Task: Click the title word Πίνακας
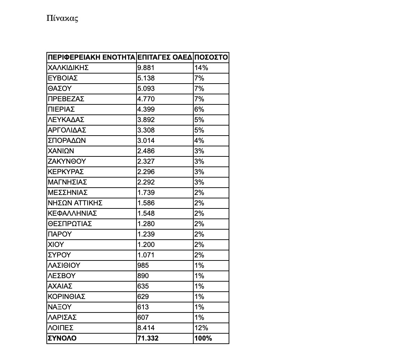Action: coord(62,18)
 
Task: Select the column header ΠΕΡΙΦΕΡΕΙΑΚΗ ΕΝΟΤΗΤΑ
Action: coord(91,57)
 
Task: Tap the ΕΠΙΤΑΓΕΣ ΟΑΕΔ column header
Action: coord(165,57)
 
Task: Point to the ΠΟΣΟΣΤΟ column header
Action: coord(211,57)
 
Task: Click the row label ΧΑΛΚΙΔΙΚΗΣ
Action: coord(68,68)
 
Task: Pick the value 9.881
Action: coord(146,68)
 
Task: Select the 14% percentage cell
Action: coord(201,68)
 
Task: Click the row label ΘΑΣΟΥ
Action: coord(60,88)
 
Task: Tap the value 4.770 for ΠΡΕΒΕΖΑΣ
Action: coord(146,99)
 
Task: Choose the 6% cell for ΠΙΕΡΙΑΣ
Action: coord(199,109)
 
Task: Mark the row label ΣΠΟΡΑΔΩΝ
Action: coord(67,140)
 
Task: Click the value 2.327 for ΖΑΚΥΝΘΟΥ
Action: coord(146,161)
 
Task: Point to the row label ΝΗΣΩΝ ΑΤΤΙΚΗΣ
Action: coord(75,203)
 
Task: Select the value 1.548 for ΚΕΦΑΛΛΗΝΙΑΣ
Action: coord(146,213)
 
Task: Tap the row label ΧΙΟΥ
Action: coord(56,245)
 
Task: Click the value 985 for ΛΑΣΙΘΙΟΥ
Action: coord(143,265)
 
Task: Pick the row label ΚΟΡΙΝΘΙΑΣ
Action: coord(67,297)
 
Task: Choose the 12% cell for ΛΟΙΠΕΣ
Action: coord(201,328)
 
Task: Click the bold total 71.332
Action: coord(148,338)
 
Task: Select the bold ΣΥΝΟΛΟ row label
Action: coord(62,338)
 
